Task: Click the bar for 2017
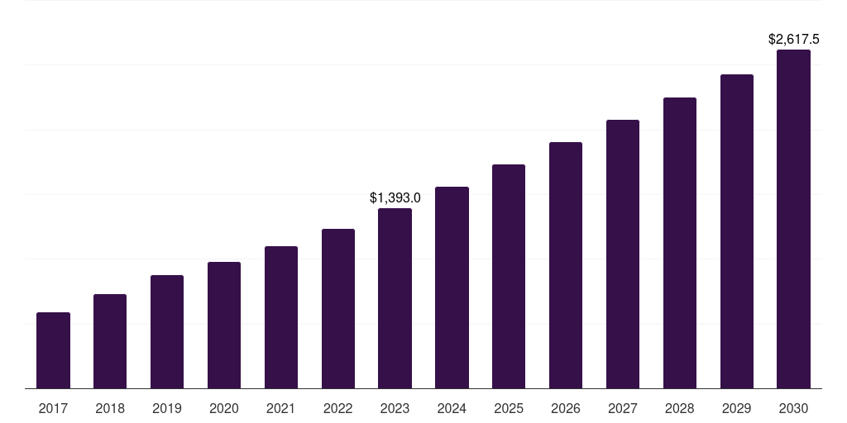pyautogui.click(x=53, y=350)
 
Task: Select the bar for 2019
pyautogui.click(x=167, y=331)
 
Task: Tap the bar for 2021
pyautogui.click(x=281, y=317)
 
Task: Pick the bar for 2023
pyautogui.click(x=395, y=298)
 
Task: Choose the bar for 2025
pyautogui.click(x=509, y=276)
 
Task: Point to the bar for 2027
pyautogui.click(x=623, y=254)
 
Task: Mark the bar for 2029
pyautogui.click(x=737, y=231)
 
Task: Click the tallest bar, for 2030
pyautogui.click(x=793, y=219)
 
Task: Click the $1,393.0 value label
pyautogui.click(x=395, y=197)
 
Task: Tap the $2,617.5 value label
pyautogui.click(x=793, y=39)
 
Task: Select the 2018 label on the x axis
pyautogui.click(x=110, y=408)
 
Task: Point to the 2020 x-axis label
pyautogui.click(x=224, y=408)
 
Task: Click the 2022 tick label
pyautogui.click(x=337, y=408)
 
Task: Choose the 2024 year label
pyautogui.click(x=452, y=408)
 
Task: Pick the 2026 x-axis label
pyautogui.click(x=566, y=408)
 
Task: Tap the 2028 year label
pyautogui.click(x=680, y=408)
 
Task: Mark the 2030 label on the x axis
pyautogui.click(x=793, y=408)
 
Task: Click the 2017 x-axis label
pyautogui.click(x=53, y=408)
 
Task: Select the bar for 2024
pyautogui.click(x=452, y=288)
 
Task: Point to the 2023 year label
pyautogui.click(x=395, y=408)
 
